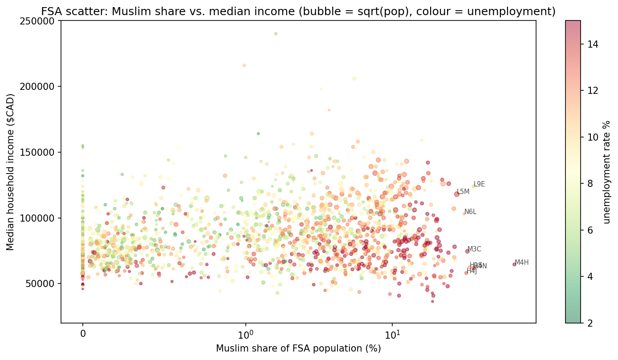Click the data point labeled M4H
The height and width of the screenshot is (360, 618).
514,264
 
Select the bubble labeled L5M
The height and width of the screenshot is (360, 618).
457,194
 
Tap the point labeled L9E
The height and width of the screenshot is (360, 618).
473,186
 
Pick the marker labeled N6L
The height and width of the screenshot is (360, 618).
464,214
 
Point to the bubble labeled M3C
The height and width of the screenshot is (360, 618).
468,251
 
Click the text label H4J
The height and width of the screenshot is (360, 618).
472,271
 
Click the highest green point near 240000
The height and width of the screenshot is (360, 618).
276,34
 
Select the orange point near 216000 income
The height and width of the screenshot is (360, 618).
244,65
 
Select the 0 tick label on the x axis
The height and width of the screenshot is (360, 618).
82,333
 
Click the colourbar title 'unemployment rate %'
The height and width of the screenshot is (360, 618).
607,171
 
